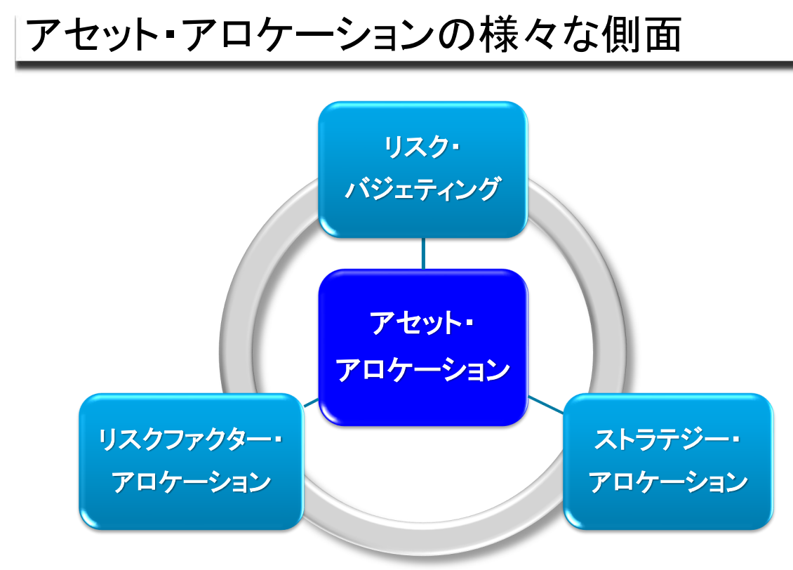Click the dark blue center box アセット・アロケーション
click(x=423, y=347)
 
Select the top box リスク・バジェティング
click(x=422, y=169)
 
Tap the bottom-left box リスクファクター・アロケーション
click(x=191, y=461)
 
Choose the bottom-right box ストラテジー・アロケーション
click(x=668, y=461)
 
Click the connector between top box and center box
click(x=423, y=253)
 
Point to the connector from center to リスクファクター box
click(x=311, y=403)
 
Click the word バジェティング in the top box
click(x=422, y=189)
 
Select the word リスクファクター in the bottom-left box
click(x=185, y=439)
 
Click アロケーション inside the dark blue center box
click(x=423, y=370)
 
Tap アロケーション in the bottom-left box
click(x=191, y=482)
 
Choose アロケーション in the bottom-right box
click(x=668, y=482)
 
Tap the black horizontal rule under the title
click(x=404, y=65)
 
